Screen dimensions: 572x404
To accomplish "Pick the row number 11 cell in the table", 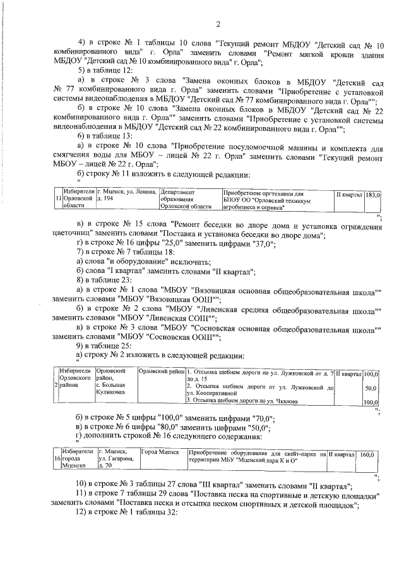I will [57, 198].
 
